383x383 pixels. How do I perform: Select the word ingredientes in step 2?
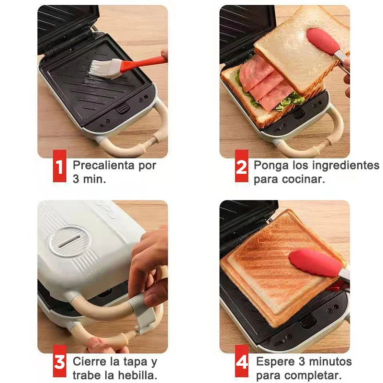click(x=346, y=166)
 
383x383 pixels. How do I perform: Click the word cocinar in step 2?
click(x=304, y=180)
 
